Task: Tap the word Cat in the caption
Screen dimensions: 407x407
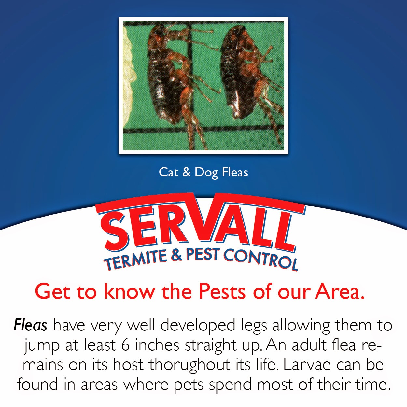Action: [168, 172]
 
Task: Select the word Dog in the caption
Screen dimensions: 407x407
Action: [206, 173]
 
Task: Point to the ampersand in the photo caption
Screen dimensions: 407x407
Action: [187, 172]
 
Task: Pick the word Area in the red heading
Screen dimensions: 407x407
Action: [339, 291]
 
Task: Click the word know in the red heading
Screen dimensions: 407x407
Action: [129, 291]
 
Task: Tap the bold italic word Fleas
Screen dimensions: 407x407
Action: [31, 325]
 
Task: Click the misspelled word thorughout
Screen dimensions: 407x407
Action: [189, 365]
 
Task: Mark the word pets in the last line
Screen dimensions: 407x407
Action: [189, 385]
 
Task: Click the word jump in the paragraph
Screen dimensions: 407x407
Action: [42, 346]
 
